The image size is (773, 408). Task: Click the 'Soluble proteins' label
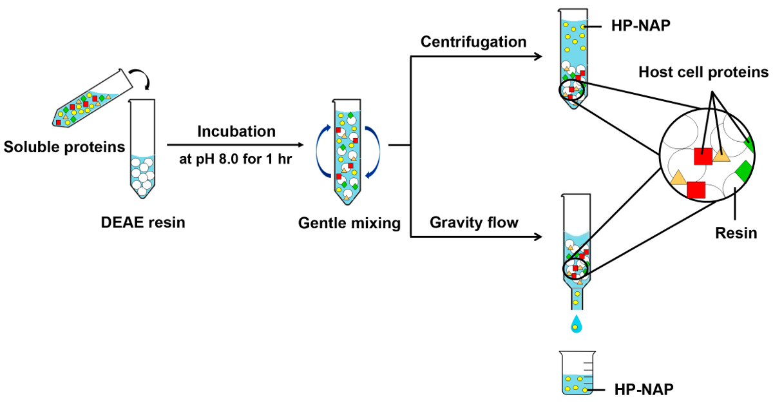click(64, 147)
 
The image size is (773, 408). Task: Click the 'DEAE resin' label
click(143, 223)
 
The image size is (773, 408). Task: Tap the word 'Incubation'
click(236, 131)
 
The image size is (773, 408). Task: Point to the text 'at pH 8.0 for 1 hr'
click(236, 159)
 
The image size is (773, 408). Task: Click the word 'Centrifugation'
click(473, 42)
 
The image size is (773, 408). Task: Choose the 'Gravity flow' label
click(474, 223)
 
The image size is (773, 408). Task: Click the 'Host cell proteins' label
click(703, 72)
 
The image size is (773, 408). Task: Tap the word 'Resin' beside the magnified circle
click(736, 233)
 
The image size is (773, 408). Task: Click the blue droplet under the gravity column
click(575, 324)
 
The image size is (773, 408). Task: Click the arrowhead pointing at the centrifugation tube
click(536, 57)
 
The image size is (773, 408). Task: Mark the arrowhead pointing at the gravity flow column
click(536, 237)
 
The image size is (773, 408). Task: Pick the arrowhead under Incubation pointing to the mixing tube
click(301, 145)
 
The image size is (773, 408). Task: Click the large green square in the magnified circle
click(743, 170)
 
